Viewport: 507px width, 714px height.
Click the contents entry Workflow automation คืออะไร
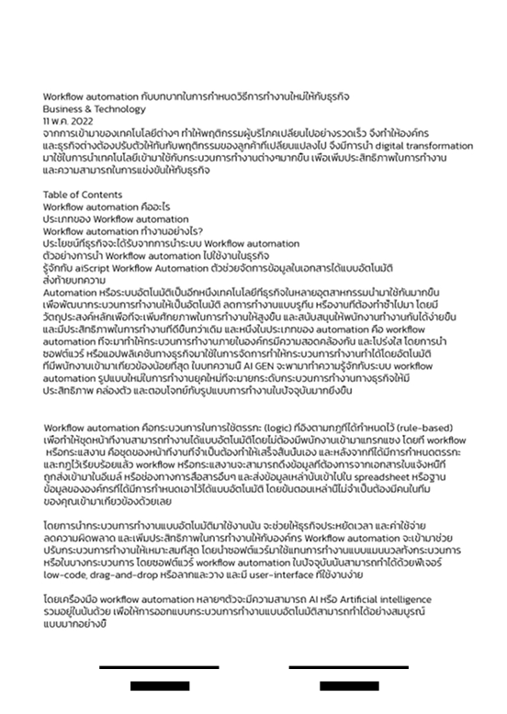106,206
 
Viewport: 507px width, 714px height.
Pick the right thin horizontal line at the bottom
348,668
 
